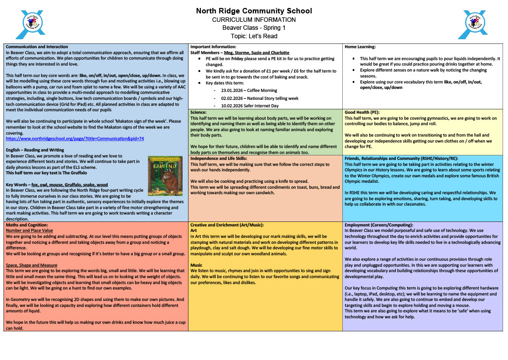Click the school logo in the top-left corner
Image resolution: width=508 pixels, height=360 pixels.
tap(31, 24)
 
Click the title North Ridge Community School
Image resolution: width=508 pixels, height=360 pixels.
tap(254, 11)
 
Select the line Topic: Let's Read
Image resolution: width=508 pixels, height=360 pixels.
tap(254, 36)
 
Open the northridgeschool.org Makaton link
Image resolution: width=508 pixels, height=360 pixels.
tap(74, 139)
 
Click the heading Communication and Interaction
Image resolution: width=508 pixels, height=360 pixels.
tap(37, 46)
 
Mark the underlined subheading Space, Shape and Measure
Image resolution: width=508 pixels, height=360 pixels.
tap(31, 265)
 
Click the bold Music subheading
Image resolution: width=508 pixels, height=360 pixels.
tap(196, 265)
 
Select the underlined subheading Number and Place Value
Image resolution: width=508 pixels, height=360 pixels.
tap(29, 230)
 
